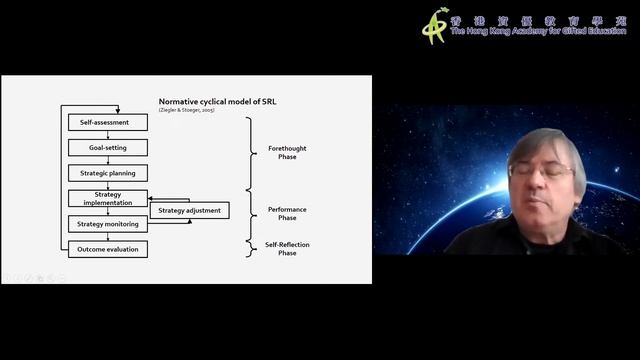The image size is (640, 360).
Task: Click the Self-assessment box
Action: coord(108,122)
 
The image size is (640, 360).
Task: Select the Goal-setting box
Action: coord(108,147)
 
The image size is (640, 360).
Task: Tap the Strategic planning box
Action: coord(108,173)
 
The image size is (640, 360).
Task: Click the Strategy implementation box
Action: coord(108,198)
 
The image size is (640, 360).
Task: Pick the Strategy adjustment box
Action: coord(189,210)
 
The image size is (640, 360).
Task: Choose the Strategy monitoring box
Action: coord(108,224)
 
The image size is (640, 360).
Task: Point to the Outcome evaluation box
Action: coord(108,249)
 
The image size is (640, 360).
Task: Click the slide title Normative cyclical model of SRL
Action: coord(210,101)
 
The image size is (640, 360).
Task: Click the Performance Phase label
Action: coord(288,213)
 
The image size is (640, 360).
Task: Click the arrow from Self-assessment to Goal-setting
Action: coord(108,134)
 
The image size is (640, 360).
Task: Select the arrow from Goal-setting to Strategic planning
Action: coord(108,160)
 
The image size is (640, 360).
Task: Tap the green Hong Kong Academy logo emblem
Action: coord(434,25)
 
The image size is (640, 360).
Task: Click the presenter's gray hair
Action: coord(546,141)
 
